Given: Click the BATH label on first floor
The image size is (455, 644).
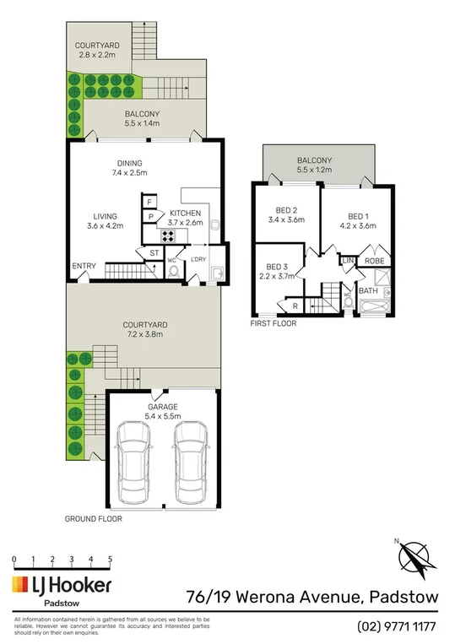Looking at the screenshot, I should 368,291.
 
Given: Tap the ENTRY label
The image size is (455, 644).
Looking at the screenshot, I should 84,267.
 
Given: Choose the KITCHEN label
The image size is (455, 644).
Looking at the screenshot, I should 186,213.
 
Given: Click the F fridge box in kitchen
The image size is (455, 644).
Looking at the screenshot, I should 150,202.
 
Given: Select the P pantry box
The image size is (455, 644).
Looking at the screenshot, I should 150,217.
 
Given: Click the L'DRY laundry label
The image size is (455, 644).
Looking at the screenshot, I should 199,258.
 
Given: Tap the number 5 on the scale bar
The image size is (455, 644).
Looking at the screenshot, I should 111,559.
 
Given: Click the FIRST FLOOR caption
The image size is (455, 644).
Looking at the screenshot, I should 274,322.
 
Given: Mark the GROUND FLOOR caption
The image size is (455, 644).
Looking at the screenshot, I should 94,519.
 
